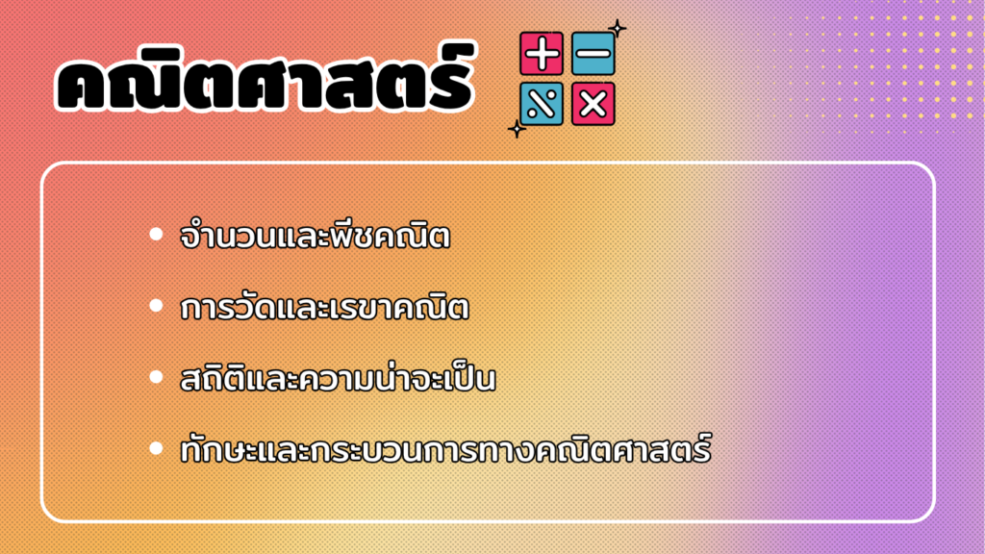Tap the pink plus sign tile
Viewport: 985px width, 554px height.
(x=542, y=54)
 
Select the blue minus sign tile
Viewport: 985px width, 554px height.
(x=593, y=54)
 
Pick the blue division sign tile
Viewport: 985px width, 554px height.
(x=542, y=104)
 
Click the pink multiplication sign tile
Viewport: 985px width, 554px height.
(x=593, y=104)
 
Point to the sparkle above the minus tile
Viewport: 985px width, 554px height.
(x=618, y=28)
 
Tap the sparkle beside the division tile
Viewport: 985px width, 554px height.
(x=517, y=130)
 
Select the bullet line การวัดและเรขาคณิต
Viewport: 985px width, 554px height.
(x=324, y=307)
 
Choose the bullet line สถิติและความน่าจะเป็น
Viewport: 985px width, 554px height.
(x=338, y=378)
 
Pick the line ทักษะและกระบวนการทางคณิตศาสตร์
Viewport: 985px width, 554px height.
(x=445, y=448)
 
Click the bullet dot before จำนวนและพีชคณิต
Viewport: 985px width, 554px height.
(x=157, y=235)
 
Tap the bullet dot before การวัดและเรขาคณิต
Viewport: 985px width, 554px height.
(x=157, y=306)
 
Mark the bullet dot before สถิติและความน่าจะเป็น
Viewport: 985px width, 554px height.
(x=157, y=377)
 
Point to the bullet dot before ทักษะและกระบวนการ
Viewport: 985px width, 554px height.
(x=157, y=448)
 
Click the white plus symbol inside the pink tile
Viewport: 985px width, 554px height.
(x=542, y=54)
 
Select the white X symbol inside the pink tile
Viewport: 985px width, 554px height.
(x=593, y=104)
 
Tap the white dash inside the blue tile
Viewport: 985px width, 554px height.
(x=593, y=54)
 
